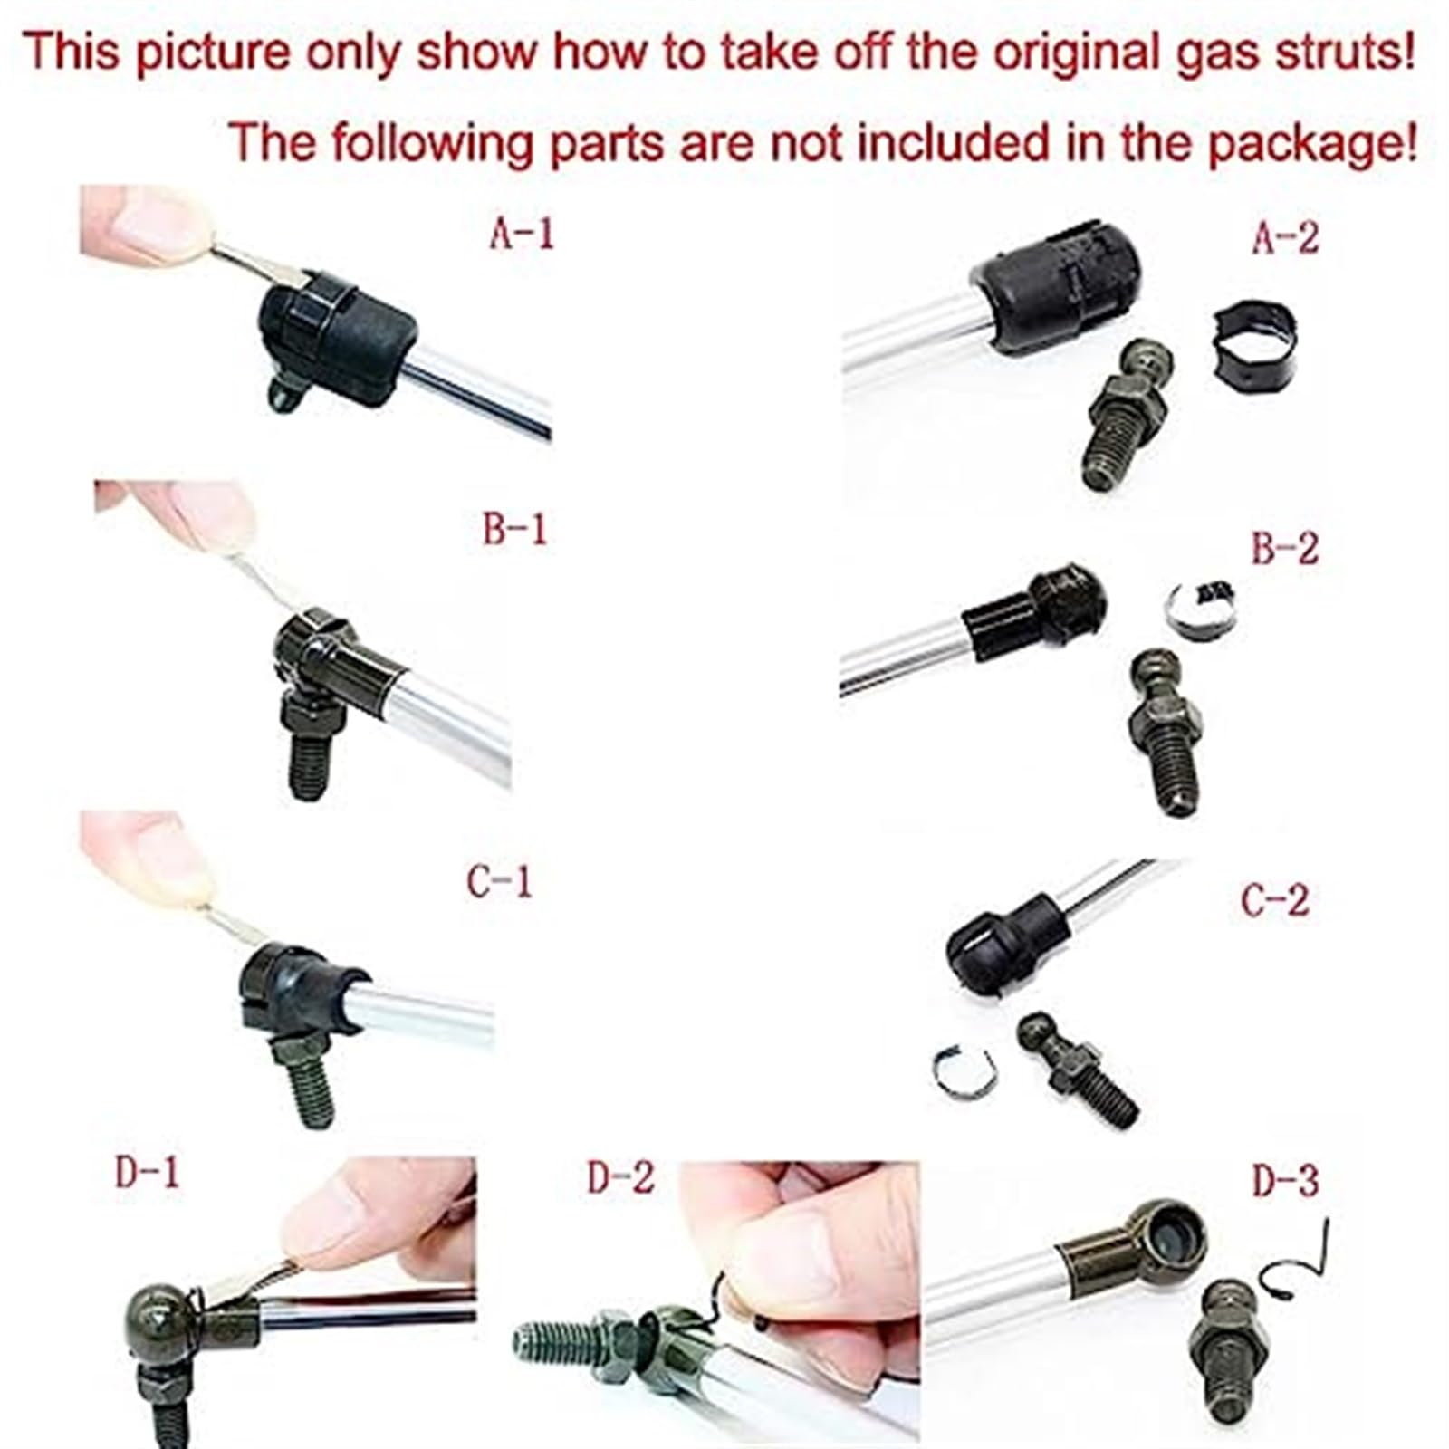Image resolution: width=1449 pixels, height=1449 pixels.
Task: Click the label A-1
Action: (x=521, y=234)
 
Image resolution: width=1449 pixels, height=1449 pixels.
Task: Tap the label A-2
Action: (x=1286, y=236)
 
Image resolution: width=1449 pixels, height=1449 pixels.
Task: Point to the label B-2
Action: (x=1285, y=547)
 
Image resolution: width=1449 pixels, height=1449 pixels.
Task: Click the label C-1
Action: (x=499, y=880)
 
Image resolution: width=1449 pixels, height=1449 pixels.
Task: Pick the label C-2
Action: (x=1275, y=899)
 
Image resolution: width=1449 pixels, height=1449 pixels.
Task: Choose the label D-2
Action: (x=620, y=1177)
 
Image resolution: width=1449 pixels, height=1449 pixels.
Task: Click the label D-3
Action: (x=1286, y=1180)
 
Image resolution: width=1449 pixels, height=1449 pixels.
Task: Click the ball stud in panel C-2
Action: (x=1076, y=1069)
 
